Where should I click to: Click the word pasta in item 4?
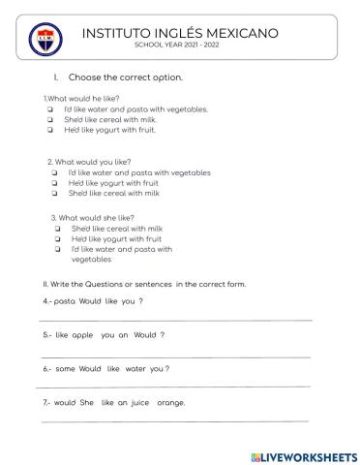65,301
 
